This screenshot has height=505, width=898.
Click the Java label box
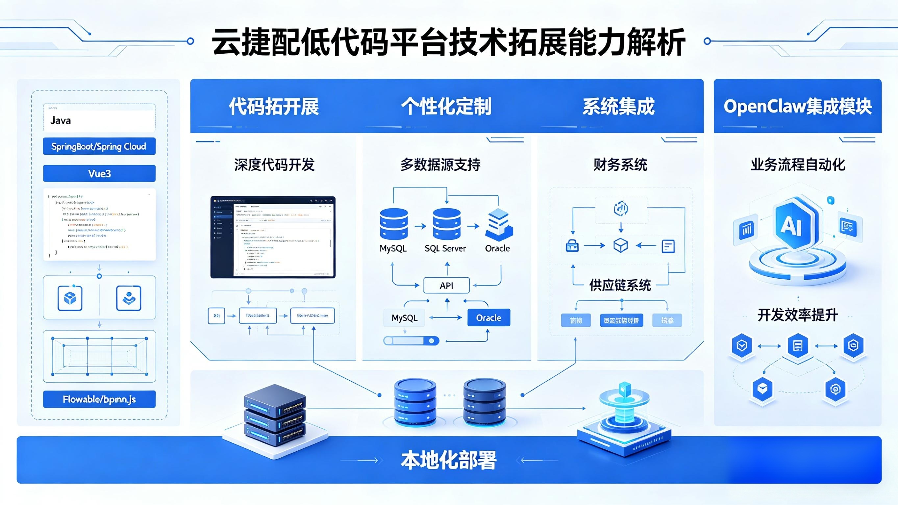click(99, 120)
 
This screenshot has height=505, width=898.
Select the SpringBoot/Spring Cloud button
click(99, 146)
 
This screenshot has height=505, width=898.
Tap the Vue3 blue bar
click(99, 173)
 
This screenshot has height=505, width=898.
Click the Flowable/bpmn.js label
click(99, 399)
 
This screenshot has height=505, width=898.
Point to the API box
click(446, 286)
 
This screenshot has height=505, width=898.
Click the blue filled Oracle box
click(488, 318)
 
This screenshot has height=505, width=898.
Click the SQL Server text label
click(445, 249)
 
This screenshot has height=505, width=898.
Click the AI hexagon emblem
click(795, 225)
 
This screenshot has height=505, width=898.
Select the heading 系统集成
click(619, 106)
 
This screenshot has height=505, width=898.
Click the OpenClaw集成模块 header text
click(798, 106)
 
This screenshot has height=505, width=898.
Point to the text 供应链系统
click(620, 285)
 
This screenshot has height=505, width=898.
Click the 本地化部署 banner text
click(449, 460)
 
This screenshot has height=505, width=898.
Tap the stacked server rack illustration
click(275, 417)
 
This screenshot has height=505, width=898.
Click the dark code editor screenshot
click(273, 237)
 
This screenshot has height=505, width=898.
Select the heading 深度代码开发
click(274, 164)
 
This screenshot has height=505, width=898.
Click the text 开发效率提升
click(798, 315)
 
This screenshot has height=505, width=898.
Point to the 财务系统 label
click(620, 164)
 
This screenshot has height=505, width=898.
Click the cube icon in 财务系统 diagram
click(620, 245)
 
